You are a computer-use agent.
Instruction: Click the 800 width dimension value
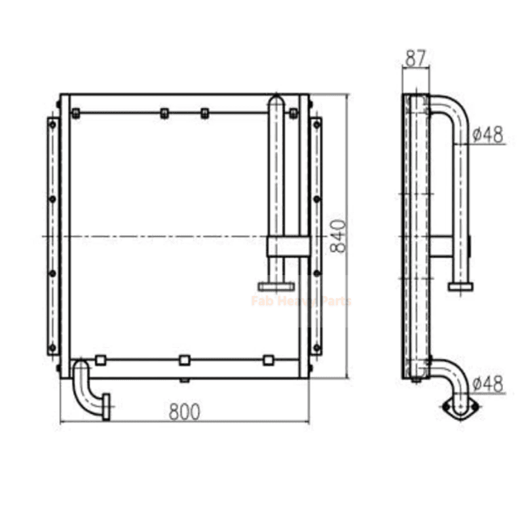click(185, 412)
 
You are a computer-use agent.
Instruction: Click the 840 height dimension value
click(338, 236)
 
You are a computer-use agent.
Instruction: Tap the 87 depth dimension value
click(416, 59)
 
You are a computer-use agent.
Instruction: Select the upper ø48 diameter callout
click(488, 135)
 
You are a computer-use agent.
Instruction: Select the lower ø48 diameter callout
click(488, 384)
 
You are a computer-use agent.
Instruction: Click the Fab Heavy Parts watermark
click(301, 301)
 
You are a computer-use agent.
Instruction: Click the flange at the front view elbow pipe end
click(106, 407)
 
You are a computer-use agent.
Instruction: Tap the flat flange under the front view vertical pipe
click(276, 286)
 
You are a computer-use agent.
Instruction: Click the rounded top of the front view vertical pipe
click(276, 100)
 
